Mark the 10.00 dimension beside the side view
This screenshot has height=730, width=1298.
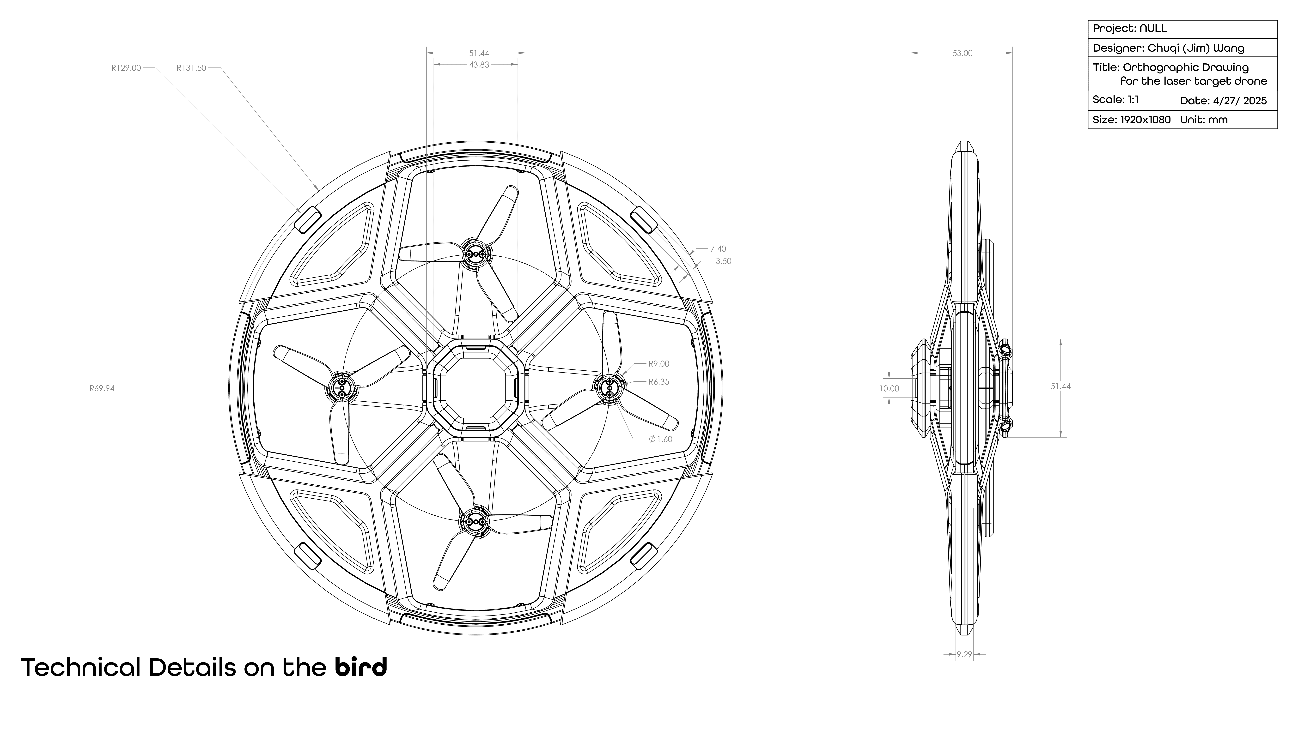889,388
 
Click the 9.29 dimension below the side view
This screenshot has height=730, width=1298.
964,654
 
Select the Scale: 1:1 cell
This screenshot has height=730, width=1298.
1116,100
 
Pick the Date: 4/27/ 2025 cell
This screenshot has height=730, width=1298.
1223,101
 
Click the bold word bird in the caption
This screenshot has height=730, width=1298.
361,667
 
